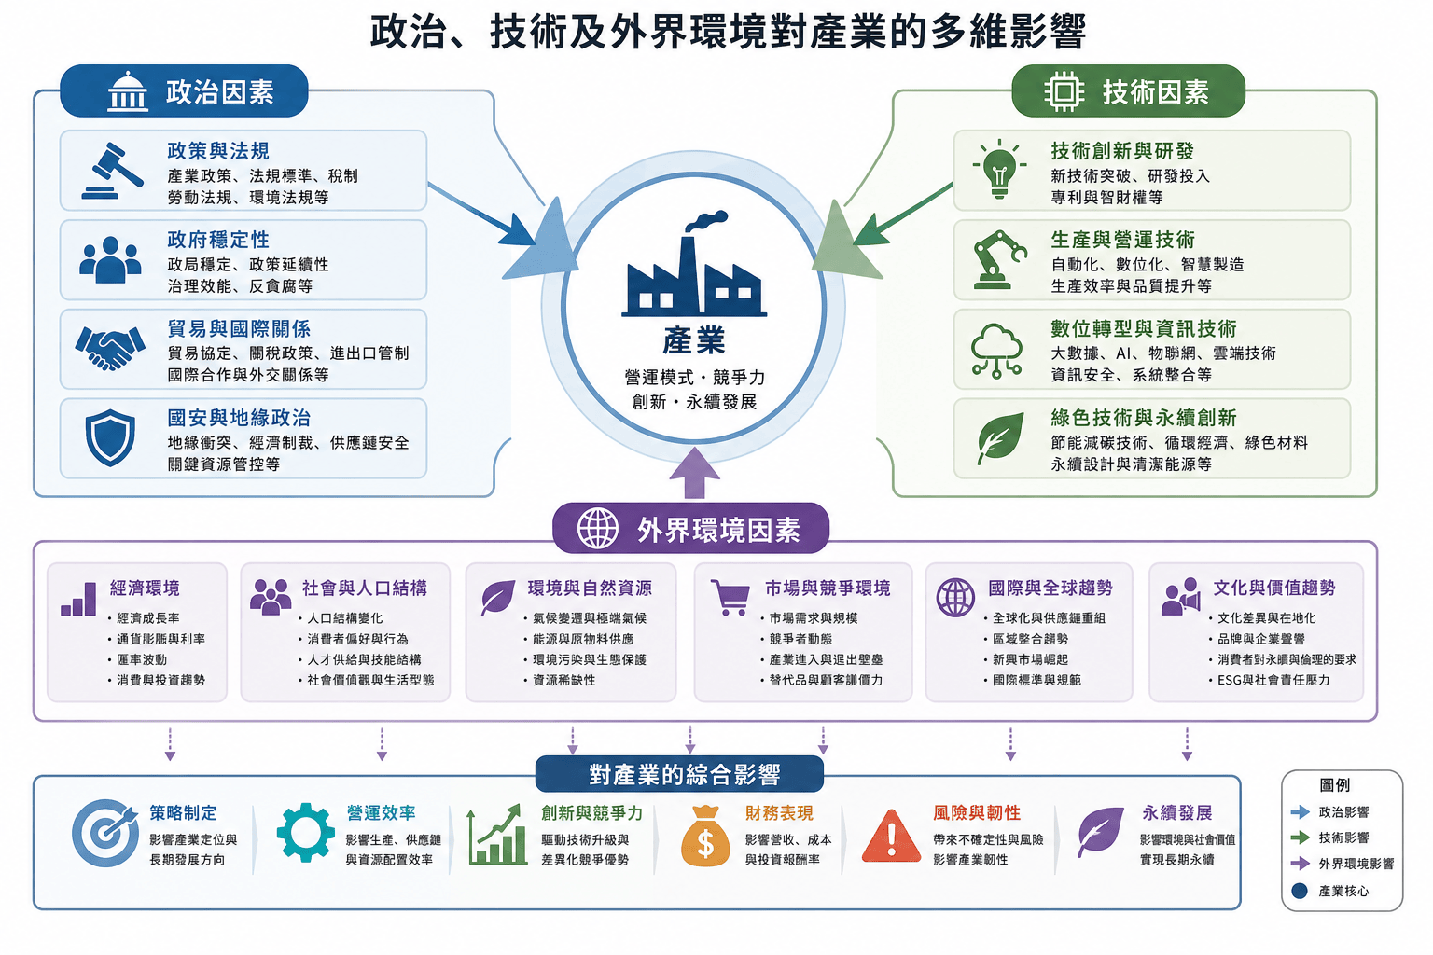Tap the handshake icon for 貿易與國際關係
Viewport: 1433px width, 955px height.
click(x=110, y=348)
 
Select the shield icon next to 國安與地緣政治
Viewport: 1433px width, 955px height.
click(x=110, y=437)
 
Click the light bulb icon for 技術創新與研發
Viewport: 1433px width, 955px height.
click(x=999, y=169)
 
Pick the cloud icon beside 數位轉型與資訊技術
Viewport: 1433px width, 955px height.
click(x=996, y=351)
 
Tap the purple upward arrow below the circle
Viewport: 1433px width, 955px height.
click(x=695, y=473)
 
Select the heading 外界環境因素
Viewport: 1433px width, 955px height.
click(x=718, y=531)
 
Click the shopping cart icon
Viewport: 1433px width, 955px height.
click(x=730, y=598)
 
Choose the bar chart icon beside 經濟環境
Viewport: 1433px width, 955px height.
click(x=78, y=599)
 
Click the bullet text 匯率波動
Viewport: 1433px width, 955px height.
click(x=142, y=659)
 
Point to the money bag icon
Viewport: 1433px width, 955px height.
click(x=705, y=836)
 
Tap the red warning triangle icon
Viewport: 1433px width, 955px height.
click(x=891, y=836)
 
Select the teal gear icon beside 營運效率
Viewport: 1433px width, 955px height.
click(x=305, y=833)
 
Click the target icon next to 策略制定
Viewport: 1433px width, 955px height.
click(x=105, y=833)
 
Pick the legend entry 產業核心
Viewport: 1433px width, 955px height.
click(x=1343, y=891)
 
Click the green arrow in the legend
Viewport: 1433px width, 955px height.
click(x=1300, y=837)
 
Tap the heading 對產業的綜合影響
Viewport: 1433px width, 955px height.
click(x=685, y=775)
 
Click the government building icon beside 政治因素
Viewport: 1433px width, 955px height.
click(x=127, y=91)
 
